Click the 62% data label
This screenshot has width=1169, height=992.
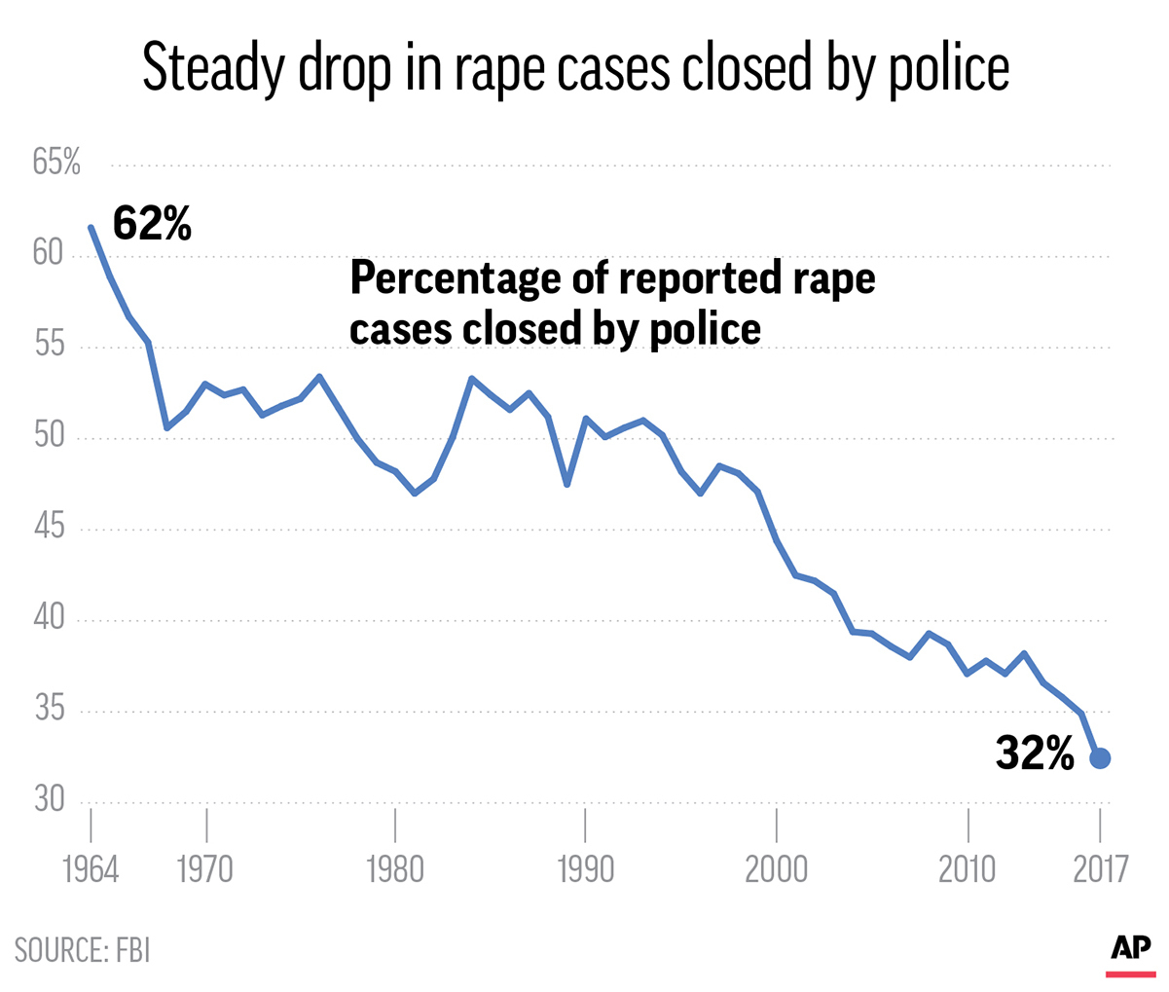153,224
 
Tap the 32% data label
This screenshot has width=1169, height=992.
1035,753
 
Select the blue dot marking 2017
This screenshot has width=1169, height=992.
1100,758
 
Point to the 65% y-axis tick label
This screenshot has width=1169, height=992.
56,163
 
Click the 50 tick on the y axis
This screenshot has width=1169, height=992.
48,437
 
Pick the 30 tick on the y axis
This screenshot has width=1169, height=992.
48,800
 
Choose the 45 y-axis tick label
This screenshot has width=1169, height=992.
48,529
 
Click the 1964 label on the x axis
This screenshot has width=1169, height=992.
91,869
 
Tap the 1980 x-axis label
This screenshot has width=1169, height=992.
395,869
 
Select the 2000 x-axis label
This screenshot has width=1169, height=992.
777,869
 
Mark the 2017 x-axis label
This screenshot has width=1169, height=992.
1100,869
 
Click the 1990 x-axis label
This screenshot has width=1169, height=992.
585,869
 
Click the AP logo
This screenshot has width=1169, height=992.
1130,949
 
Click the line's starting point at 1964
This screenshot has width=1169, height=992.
91,227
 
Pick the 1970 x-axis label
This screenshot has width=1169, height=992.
205,869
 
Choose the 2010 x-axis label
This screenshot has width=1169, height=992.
968,869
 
